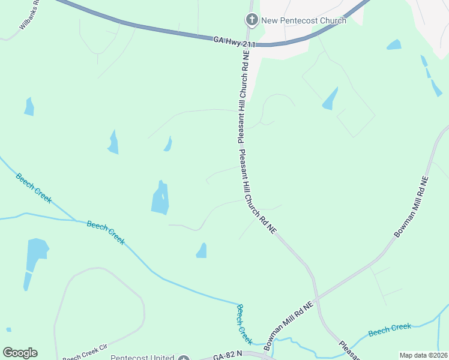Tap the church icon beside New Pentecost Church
[x=252, y=20]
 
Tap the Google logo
[x=20, y=353]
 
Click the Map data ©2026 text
[x=423, y=355]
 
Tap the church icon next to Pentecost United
[x=184, y=358]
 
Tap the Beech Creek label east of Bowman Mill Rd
[x=390, y=329]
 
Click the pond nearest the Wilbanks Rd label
[x=29, y=106]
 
